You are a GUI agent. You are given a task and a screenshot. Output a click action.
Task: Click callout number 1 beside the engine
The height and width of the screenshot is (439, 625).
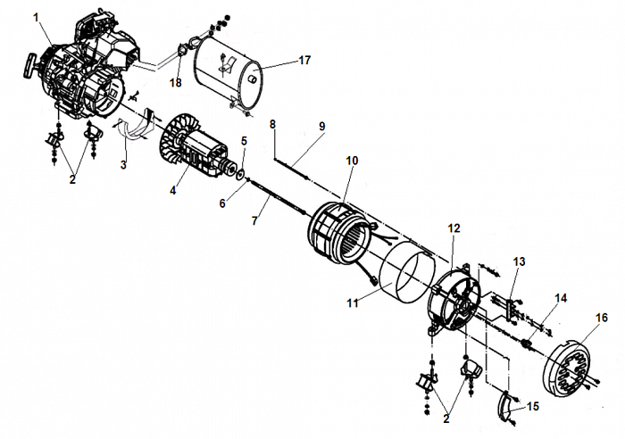37,16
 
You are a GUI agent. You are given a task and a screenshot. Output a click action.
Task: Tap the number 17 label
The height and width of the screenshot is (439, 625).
304,61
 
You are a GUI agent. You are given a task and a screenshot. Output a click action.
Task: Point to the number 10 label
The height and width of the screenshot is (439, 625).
352,160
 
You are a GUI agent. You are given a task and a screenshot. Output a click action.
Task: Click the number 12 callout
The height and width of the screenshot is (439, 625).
454,228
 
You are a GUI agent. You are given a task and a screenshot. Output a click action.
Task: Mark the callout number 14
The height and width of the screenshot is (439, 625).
561,297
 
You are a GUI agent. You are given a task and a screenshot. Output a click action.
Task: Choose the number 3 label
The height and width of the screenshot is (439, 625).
124,164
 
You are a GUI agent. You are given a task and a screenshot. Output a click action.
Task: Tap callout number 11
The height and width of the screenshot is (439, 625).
353,303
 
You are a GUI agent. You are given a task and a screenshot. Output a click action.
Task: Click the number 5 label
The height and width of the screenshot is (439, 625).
243,140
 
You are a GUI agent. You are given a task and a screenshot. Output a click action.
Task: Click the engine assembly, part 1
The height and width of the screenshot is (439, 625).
85,67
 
